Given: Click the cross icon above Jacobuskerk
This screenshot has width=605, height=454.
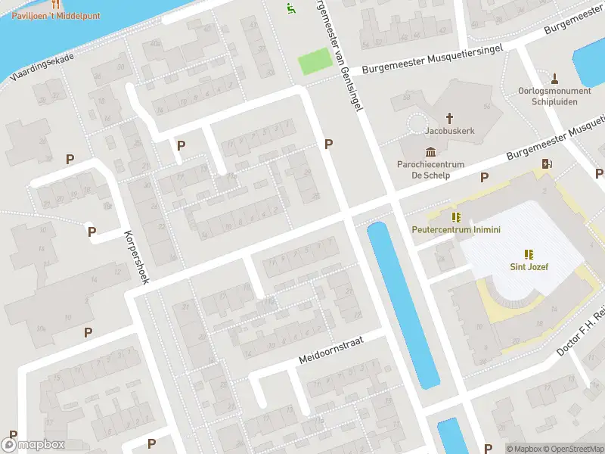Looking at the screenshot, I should [449, 117].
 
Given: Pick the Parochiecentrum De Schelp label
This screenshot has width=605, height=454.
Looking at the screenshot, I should [430, 169].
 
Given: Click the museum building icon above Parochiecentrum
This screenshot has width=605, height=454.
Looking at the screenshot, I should [430, 150].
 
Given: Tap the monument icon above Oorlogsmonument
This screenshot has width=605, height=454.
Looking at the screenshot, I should [554, 77].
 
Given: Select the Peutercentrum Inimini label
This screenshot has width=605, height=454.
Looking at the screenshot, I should [456, 229].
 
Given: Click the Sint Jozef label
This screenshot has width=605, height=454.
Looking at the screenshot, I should [528, 266].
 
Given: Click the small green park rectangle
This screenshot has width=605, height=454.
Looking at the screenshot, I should [315, 61].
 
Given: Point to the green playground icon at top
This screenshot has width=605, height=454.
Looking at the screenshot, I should [290, 8].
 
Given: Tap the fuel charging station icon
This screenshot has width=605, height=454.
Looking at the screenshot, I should [547, 163].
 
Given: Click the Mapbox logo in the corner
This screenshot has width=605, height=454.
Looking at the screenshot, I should [33, 445].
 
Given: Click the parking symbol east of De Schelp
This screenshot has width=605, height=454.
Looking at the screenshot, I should [484, 177].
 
